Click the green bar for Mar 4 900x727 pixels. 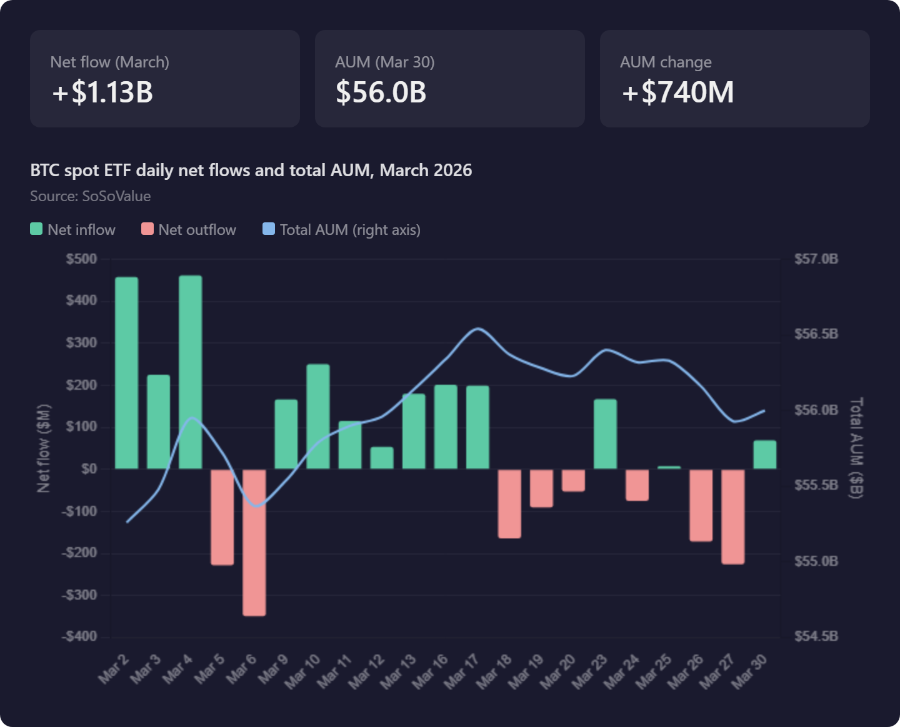(191, 372)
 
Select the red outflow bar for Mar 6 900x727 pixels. (254, 542)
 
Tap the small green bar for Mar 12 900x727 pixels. (382, 458)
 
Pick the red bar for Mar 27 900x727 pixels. (733, 517)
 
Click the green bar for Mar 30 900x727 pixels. (765, 455)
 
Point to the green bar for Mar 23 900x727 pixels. (605, 434)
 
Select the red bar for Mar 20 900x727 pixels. (573, 480)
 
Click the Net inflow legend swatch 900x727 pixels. (36, 229)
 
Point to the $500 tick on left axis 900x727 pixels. (81, 259)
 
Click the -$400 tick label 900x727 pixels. (79, 636)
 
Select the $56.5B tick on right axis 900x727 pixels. (816, 334)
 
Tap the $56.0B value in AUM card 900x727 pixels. (381, 92)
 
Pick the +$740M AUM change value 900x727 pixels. (677, 92)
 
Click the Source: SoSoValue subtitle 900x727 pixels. (91, 196)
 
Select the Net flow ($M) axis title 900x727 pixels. (43, 448)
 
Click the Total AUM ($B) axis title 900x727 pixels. (856, 448)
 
